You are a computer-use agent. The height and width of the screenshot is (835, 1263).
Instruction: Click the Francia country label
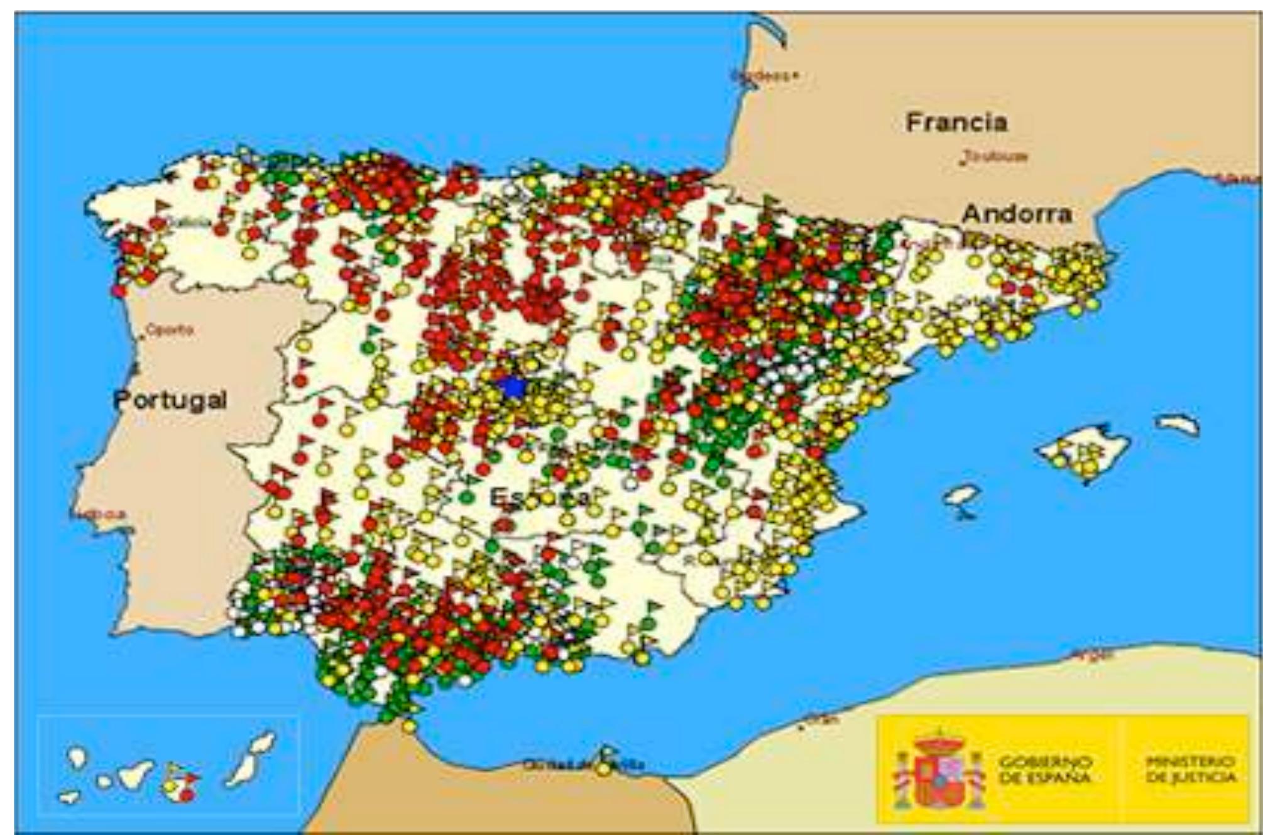click(956, 122)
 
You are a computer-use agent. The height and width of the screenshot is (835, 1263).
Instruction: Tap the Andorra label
click(1017, 214)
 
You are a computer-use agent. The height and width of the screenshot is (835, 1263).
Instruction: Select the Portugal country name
click(170, 400)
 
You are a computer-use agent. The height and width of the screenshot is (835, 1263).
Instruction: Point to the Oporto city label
click(170, 330)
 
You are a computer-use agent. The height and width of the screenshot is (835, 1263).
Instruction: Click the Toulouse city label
click(995, 156)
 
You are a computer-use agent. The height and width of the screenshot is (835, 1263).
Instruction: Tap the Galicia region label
click(189, 222)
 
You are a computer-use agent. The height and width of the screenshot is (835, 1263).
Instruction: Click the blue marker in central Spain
click(513, 387)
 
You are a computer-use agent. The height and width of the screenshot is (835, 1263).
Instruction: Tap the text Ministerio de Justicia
click(1190, 769)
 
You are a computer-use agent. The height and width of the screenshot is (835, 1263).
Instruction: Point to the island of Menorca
click(1178, 425)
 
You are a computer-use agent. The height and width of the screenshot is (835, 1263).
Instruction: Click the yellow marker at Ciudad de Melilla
click(604, 768)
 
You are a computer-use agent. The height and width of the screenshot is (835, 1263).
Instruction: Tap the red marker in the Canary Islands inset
click(187, 795)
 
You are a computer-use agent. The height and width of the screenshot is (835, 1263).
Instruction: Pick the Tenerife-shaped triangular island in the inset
click(135, 774)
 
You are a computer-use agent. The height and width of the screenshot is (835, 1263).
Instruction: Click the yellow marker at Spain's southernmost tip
click(409, 727)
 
